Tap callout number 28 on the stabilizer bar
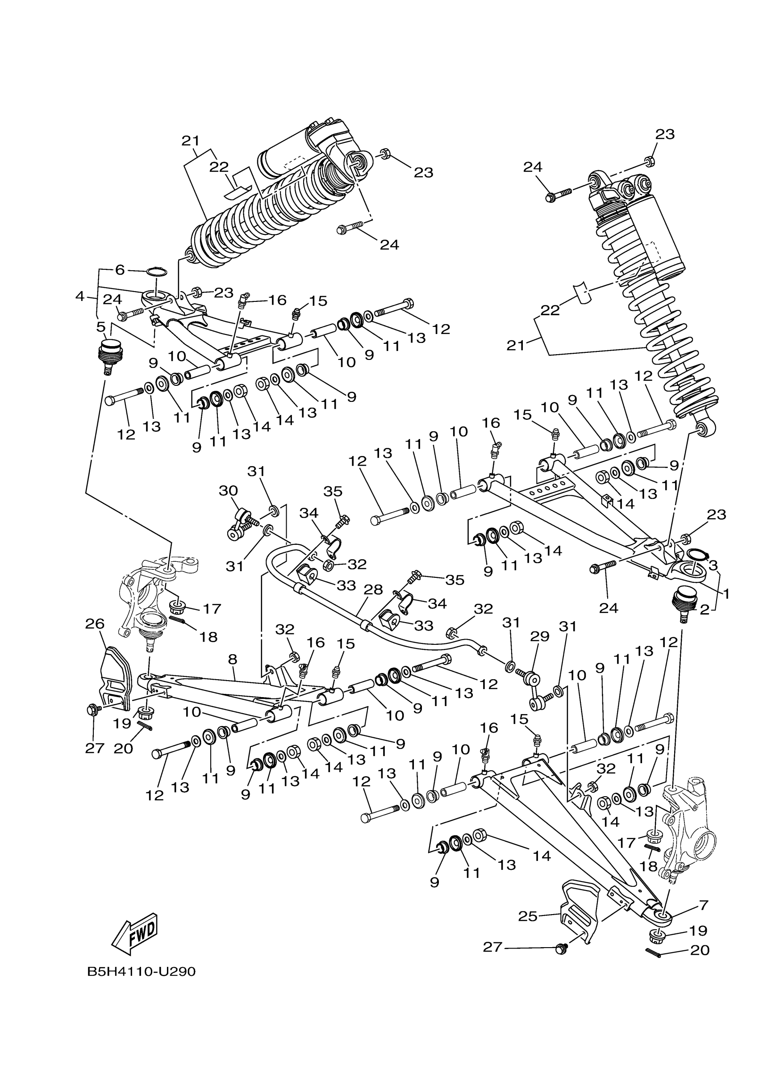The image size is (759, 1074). click(x=373, y=589)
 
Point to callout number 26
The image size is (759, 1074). click(x=95, y=623)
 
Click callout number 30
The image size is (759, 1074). click(x=228, y=491)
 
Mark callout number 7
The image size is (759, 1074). click(x=704, y=905)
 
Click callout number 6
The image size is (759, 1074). click(x=120, y=270)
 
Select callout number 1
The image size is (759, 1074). click(x=726, y=593)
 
